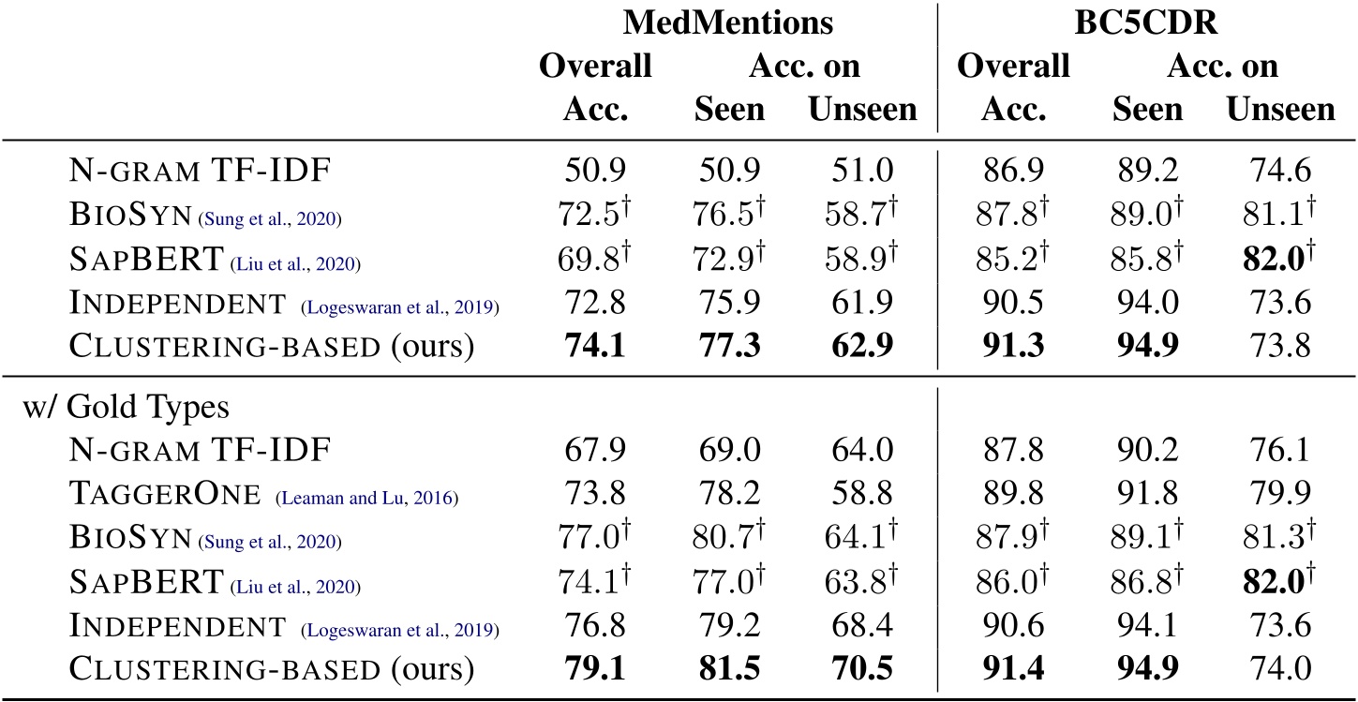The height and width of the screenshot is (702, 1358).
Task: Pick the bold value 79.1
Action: pos(595,669)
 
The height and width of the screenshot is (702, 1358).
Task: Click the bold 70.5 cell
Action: pos(862,669)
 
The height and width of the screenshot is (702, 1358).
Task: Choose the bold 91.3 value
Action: pos(1012,346)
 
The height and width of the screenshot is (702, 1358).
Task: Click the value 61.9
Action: pos(862,304)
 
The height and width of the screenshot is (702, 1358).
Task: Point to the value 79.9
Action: pos(1280,496)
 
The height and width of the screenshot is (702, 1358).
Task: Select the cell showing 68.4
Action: pos(862,627)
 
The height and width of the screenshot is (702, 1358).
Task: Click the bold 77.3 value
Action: pos(729,346)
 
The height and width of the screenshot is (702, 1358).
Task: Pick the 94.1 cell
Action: pos(1147,627)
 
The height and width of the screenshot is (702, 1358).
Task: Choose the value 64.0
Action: pos(862,453)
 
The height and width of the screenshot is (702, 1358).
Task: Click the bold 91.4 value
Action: pos(1012,669)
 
